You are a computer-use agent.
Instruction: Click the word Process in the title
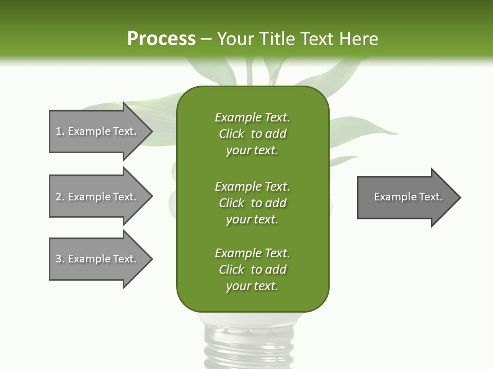pos(161,38)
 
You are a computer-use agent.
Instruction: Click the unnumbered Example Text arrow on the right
pos(408,197)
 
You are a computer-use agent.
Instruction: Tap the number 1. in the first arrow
pos(60,131)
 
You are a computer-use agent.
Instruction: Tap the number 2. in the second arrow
pos(60,197)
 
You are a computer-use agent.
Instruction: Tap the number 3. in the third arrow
pos(60,259)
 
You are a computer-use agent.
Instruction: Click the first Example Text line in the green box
pos(252,117)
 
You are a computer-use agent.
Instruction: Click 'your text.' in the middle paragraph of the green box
pos(252,219)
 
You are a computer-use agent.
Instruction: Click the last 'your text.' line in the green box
pos(252,286)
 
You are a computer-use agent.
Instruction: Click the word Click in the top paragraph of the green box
pos(232,134)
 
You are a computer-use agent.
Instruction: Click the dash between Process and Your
pos(206,39)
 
